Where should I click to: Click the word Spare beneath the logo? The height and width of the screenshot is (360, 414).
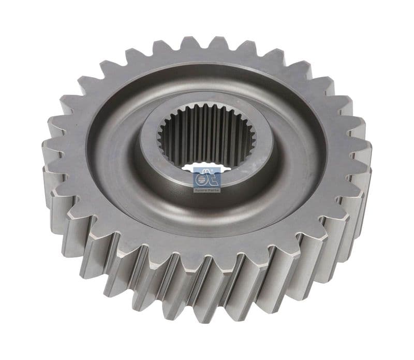tap(201, 190)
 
